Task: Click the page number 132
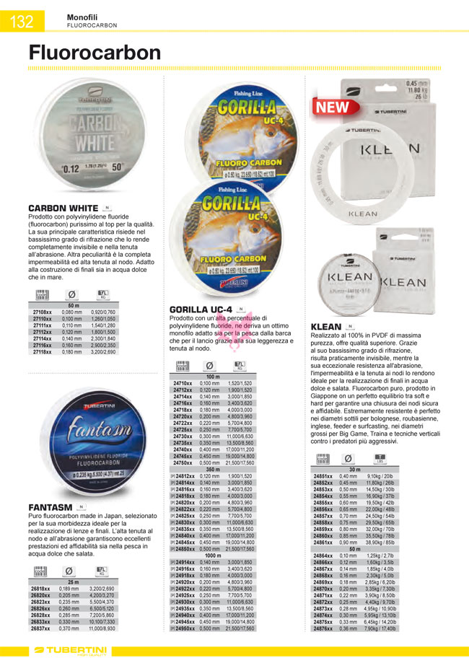click(x=22, y=22)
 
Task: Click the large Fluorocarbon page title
click(x=95, y=53)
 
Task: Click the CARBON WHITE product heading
click(x=63, y=208)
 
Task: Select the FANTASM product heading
click(x=51, y=507)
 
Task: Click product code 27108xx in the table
click(x=41, y=311)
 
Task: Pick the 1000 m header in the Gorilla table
click(x=213, y=556)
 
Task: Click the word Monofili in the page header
click(x=84, y=16)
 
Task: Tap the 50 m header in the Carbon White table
click(x=73, y=305)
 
